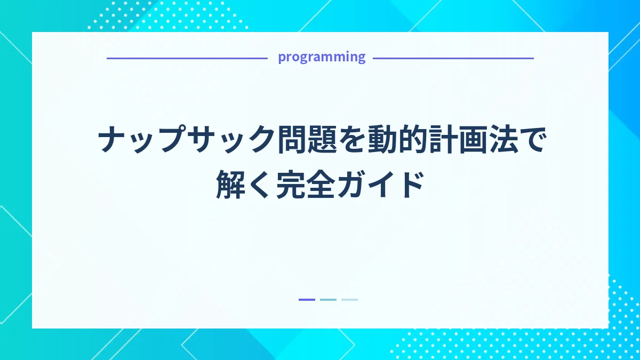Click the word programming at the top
pyautogui.click(x=322, y=57)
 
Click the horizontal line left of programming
pyautogui.click(x=187, y=58)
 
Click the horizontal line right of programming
pyautogui.click(x=453, y=58)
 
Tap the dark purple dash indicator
pyautogui.click(x=307, y=300)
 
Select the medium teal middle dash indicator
pyautogui.click(x=328, y=300)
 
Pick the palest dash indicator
pyautogui.click(x=349, y=300)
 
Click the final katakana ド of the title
pyautogui.click(x=409, y=185)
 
